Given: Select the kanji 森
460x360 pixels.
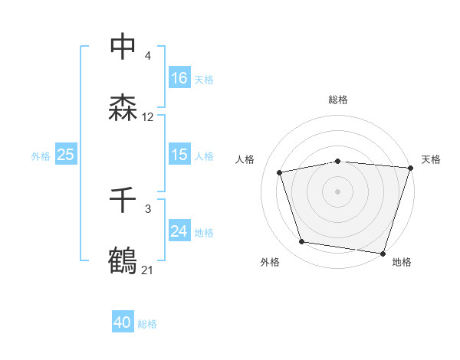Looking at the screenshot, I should pyautogui.click(x=123, y=107).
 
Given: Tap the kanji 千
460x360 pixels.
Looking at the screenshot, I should pyautogui.click(x=123, y=201).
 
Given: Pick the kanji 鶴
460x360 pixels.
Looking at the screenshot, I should pyautogui.click(x=123, y=260).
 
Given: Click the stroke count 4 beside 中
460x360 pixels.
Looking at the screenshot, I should pyautogui.click(x=147, y=57).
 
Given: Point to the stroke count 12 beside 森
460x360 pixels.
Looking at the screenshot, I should pyautogui.click(x=148, y=117).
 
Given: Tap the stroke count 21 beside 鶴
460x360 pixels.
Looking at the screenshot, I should pyautogui.click(x=148, y=270).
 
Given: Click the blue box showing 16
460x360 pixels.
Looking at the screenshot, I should pyautogui.click(x=179, y=78).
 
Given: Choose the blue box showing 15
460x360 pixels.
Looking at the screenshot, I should pyautogui.click(x=179, y=155).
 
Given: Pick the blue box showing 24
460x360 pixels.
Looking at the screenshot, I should pyautogui.click(x=179, y=231).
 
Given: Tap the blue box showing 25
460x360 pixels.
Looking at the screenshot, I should pyautogui.click(x=66, y=155).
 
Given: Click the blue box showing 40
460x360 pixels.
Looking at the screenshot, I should pyautogui.click(x=123, y=323).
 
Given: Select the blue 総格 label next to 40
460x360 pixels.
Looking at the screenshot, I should pyautogui.click(x=147, y=324).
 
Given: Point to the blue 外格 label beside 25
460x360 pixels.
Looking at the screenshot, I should pyautogui.click(x=41, y=155).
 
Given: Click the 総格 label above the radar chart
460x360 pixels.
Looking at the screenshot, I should pyautogui.click(x=338, y=100).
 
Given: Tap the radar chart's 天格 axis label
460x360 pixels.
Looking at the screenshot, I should pyautogui.click(x=431, y=159).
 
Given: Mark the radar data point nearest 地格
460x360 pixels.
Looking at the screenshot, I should pyautogui.click(x=383, y=253).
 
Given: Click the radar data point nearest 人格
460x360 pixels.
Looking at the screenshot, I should pyautogui.click(x=280, y=172).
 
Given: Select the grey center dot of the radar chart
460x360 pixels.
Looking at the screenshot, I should pyautogui.click(x=338, y=191).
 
